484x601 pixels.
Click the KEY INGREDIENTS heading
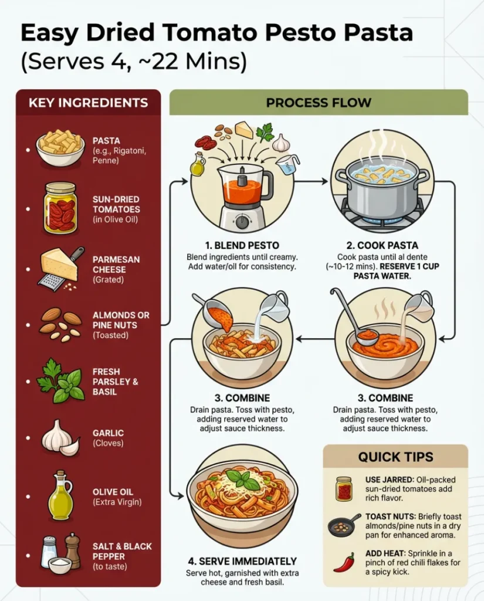tap(88, 103)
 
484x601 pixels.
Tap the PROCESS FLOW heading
tap(319, 103)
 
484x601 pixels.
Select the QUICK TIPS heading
tap(396, 457)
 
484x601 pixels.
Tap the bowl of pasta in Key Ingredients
tap(60, 147)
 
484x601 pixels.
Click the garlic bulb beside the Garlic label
tap(60, 438)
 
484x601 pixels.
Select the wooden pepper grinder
tap(73, 550)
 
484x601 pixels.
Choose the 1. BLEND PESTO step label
tap(241, 245)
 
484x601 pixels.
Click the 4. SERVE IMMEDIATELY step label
tap(242, 561)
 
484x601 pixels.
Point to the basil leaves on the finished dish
tap(242, 480)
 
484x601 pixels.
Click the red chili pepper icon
tap(344, 562)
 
